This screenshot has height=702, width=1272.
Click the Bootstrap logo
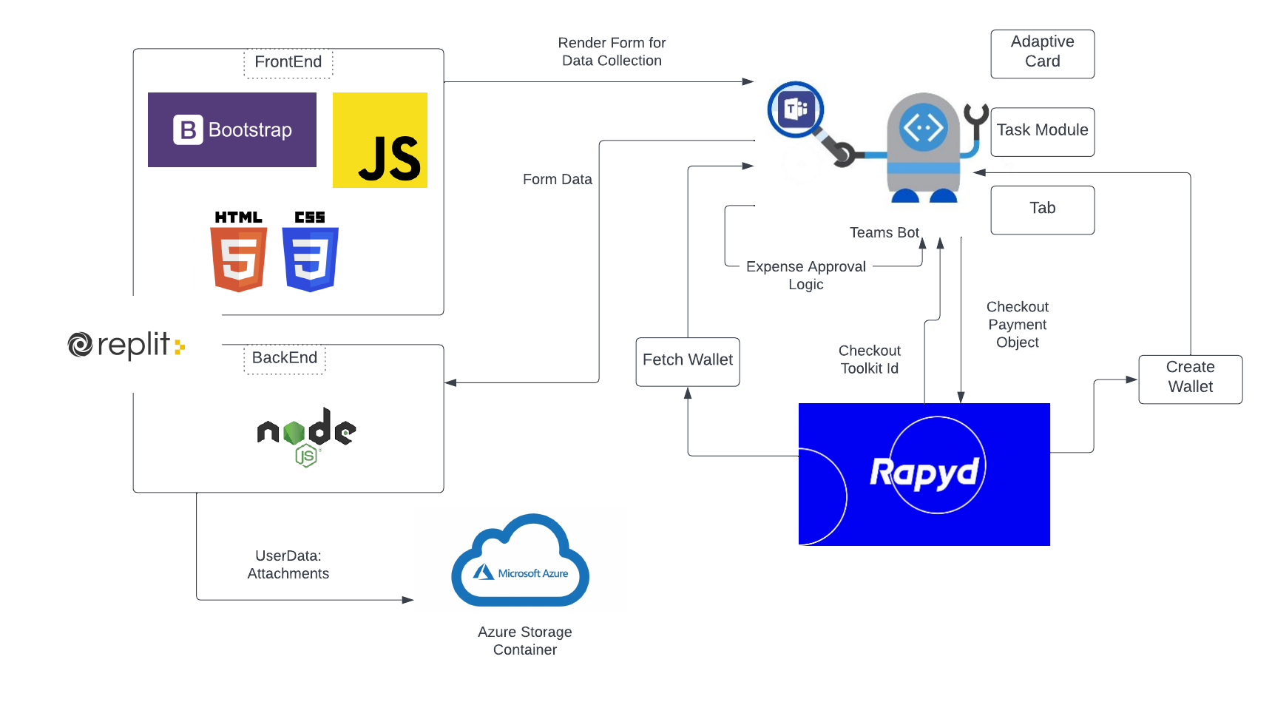[x=232, y=130]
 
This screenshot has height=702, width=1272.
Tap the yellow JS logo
[x=380, y=140]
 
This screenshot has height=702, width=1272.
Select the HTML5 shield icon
[x=238, y=252]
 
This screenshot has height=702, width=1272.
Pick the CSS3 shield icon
[x=310, y=252]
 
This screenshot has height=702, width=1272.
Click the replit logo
[x=126, y=345]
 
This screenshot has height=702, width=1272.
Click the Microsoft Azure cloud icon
[x=521, y=562]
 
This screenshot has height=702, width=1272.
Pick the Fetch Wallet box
[x=688, y=361]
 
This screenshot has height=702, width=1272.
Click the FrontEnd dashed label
[x=288, y=63]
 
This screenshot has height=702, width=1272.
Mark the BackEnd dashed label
[x=285, y=359]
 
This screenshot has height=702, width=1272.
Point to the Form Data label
[x=557, y=180]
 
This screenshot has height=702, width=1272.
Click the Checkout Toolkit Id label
[x=869, y=360]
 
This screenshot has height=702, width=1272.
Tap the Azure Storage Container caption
[x=524, y=641]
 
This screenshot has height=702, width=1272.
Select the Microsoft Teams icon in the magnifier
[x=796, y=109]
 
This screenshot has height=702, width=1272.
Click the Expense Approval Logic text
[x=805, y=275]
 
